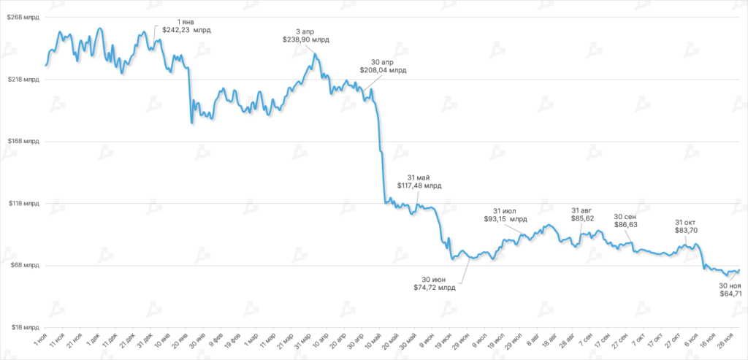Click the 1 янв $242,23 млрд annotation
[x=186, y=26]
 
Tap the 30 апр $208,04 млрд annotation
[x=383, y=66]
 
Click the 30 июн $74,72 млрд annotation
[x=435, y=283]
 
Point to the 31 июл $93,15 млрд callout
[x=505, y=214]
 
